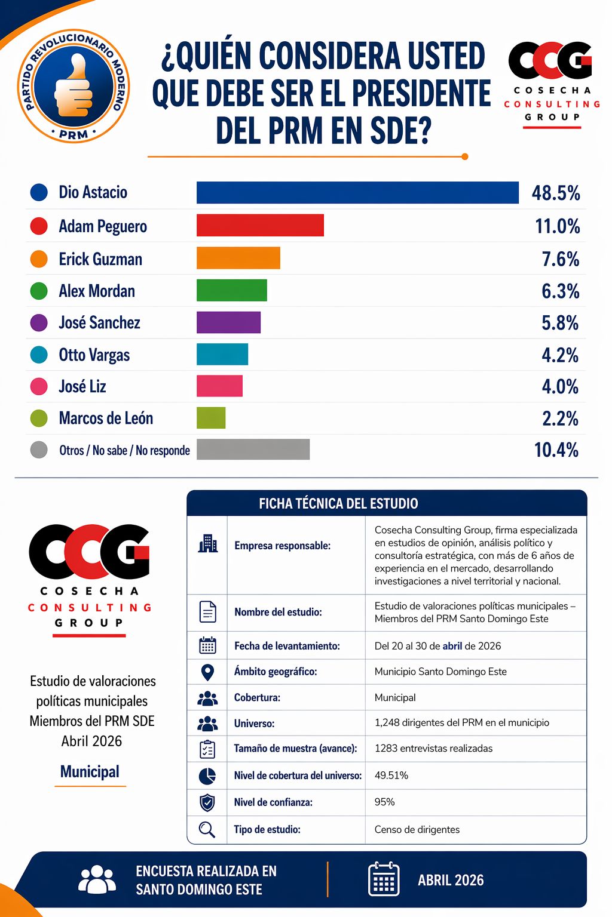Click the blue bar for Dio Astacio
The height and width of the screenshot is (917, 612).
pyautogui.click(x=357, y=193)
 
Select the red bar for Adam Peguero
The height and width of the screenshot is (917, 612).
pyautogui.click(x=260, y=226)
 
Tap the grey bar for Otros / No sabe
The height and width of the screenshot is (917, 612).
pyautogui.click(x=253, y=450)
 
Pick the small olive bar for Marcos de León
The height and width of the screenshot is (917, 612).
pyautogui.click(x=211, y=418)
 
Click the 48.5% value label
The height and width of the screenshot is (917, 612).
pyautogui.click(x=556, y=193)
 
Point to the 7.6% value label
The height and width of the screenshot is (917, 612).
pyautogui.click(x=560, y=259)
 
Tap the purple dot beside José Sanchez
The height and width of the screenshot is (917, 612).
pyautogui.click(x=39, y=323)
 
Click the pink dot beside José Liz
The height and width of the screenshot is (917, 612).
pyautogui.click(x=39, y=386)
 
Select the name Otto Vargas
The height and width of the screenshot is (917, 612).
pyautogui.click(x=94, y=355)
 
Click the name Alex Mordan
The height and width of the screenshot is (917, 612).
pyautogui.click(x=96, y=291)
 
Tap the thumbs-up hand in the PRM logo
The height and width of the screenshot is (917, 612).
pyautogui.click(x=73, y=87)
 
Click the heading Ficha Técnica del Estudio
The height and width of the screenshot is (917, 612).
pyautogui.click(x=338, y=503)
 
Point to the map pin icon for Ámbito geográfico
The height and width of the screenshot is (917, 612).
pyautogui.click(x=207, y=672)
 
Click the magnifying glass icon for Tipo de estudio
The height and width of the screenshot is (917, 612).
pyautogui.click(x=207, y=829)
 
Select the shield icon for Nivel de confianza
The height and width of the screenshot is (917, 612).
pyautogui.click(x=207, y=802)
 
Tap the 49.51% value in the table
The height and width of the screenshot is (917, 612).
pyautogui.click(x=391, y=776)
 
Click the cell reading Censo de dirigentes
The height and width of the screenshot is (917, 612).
pyautogui.click(x=417, y=829)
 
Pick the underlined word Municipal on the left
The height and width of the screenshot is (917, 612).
pyautogui.click(x=90, y=772)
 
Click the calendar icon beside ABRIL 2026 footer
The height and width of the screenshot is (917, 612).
pyautogui.click(x=384, y=879)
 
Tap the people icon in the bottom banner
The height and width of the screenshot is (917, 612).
pyautogui.click(x=97, y=879)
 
